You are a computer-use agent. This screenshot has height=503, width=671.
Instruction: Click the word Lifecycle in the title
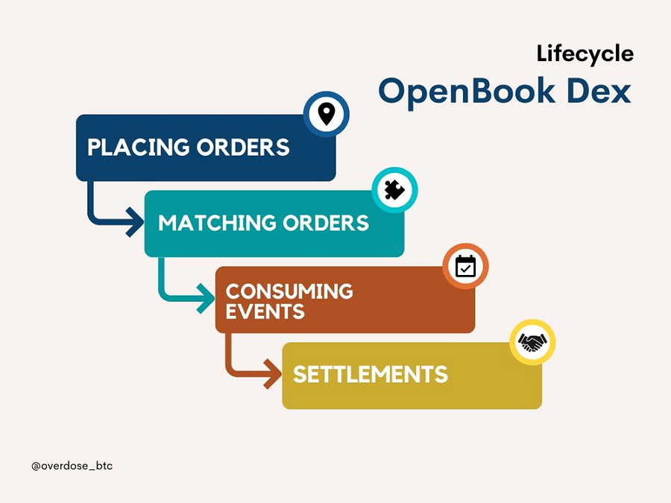click(x=585, y=54)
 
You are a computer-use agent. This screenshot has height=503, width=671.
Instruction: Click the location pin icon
click(x=326, y=114)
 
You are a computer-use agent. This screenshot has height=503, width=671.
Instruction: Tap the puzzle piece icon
click(x=394, y=190)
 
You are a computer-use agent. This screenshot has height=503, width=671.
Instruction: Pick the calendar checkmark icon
click(x=465, y=266)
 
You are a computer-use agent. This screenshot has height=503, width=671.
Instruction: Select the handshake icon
click(x=532, y=342)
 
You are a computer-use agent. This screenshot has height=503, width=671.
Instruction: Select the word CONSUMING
click(x=289, y=291)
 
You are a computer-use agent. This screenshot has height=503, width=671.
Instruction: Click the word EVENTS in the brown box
click(x=265, y=311)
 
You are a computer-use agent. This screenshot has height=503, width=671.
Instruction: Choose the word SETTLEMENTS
click(x=370, y=374)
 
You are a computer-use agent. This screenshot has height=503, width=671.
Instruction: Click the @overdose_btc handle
click(x=72, y=466)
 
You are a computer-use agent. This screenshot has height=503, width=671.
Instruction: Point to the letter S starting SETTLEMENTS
click(x=300, y=374)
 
